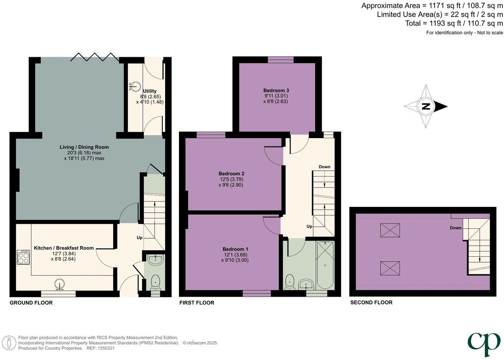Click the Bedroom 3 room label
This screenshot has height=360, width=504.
click(276, 90)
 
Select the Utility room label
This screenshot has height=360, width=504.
click(150, 91)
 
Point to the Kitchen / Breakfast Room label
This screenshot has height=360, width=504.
click(64, 248)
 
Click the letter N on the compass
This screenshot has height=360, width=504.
click(426, 107)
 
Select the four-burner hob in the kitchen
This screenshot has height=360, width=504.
click(23, 257)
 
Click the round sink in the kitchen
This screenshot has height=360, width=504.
click(59, 284)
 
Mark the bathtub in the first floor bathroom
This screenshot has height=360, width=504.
click(326, 265)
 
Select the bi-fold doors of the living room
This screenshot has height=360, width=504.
click(94, 57)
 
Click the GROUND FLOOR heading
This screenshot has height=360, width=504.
click(31, 303)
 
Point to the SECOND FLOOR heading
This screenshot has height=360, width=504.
click(371, 302)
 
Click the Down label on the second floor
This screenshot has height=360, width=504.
click(456, 228)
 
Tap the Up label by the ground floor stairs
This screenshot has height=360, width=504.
click(140, 238)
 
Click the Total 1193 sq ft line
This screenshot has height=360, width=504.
click(454, 23)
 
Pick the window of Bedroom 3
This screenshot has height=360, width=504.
click(281, 59)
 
